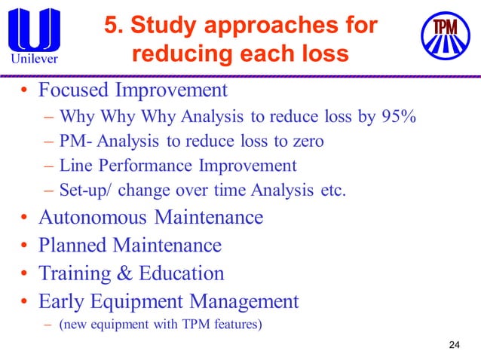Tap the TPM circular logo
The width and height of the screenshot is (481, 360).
point(445,35)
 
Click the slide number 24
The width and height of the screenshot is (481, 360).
point(453,345)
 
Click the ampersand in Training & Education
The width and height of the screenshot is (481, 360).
point(127,273)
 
